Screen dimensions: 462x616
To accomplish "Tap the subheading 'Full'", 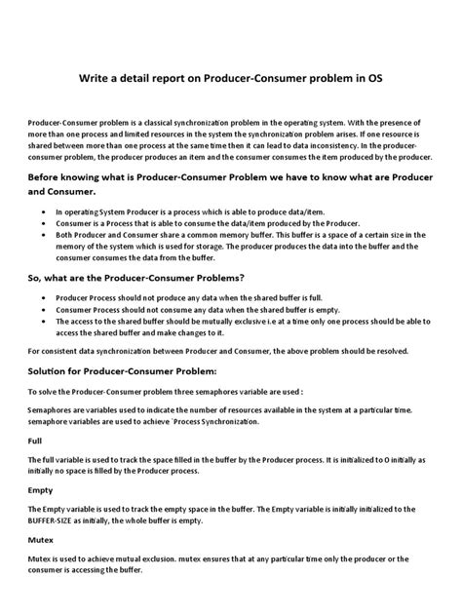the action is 35,442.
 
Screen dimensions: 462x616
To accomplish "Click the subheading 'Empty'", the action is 40,490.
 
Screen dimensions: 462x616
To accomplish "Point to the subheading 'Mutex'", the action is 40,539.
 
